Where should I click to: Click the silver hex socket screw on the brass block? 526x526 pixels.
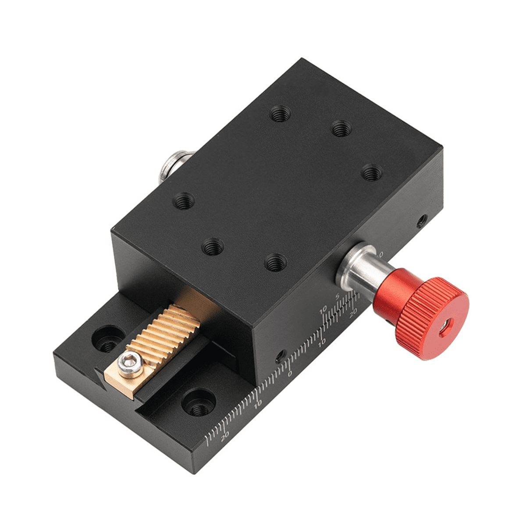pos(134,363)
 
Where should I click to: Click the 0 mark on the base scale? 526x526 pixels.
pos(289,373)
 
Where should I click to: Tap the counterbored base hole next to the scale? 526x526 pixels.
pos(199,402)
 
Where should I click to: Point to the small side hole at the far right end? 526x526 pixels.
pos(422,220)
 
